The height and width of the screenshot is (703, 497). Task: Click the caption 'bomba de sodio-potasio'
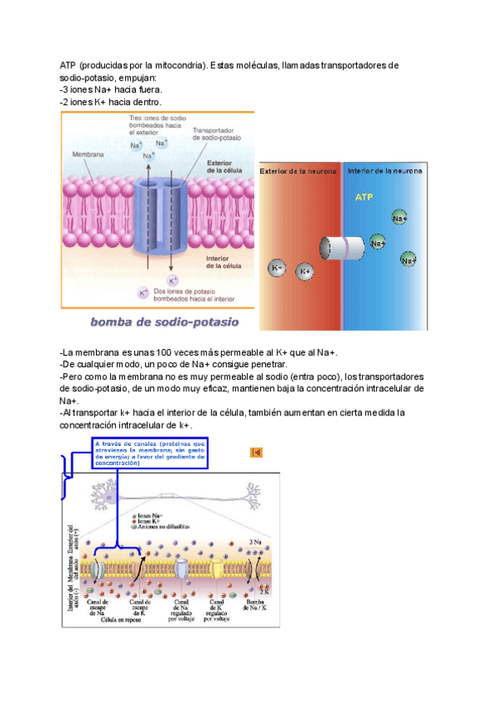coord(164,322)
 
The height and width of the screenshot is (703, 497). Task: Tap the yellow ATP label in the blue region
coord(364,198)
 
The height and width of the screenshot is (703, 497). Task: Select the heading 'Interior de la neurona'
coord(384,171)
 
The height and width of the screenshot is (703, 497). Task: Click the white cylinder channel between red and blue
coord(342,248)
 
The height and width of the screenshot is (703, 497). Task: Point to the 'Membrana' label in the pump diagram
coord(88,155)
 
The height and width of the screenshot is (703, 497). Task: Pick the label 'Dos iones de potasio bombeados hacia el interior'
coord(194,294)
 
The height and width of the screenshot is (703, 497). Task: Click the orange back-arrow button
coord(256,453)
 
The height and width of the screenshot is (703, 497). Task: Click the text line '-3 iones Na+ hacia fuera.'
coord(112,90)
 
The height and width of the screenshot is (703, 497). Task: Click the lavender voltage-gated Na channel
coord(181,568)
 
